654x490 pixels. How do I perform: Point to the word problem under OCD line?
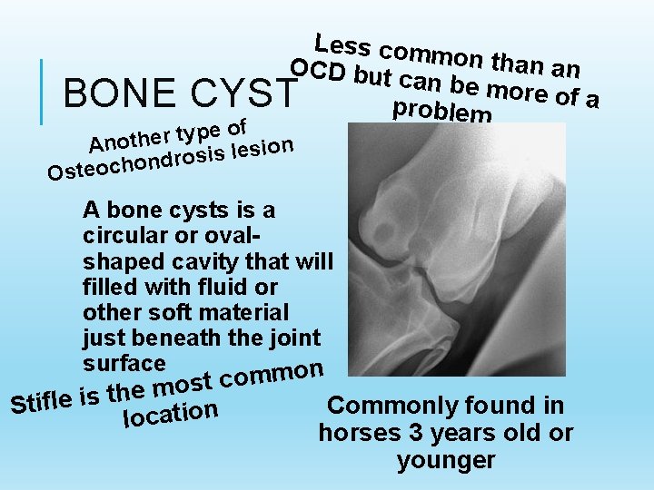441,111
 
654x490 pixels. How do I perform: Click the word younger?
445,460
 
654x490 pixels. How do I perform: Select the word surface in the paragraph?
124,363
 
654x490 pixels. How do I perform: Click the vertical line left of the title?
44,93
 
